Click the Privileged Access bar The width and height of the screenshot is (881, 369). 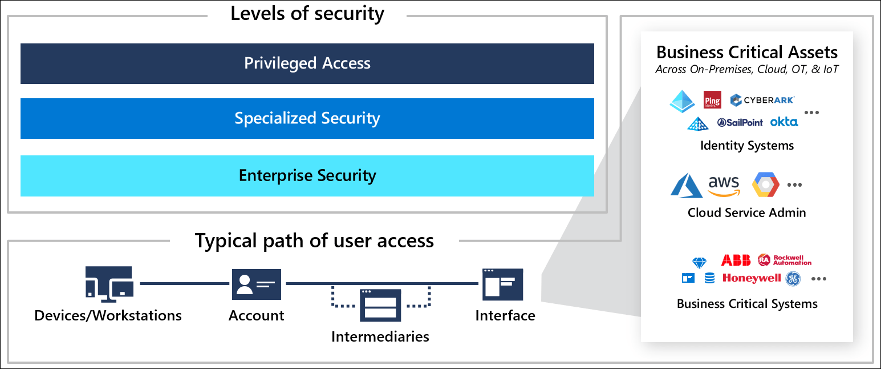tap(307, 63)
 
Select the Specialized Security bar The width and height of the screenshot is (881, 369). tap(307, 118)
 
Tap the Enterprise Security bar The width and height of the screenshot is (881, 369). tap(307, 175)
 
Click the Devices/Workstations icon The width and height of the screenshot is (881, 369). tap(109, 284)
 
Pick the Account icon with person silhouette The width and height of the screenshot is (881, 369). tap(256, 284)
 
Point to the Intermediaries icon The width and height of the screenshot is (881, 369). tap(380, 304)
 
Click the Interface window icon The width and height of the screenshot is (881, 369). tap(502, 284)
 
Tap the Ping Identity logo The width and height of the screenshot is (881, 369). tap(712, 100)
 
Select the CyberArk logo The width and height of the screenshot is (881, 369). tap(762, 100)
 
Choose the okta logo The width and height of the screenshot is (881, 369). tap(784, 122)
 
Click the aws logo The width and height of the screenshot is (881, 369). tap(723, 186)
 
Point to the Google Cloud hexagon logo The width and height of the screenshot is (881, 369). tap(765, 185)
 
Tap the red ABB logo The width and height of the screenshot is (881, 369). tap(736, 260)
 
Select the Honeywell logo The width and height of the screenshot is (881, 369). tap(751, 279)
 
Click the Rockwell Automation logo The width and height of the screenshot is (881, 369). tap(785, 260)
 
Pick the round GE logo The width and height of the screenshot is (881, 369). tap(793, 279)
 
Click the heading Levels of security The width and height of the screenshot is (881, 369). tap(307, 13)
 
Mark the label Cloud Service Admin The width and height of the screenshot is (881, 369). tap(746, 212)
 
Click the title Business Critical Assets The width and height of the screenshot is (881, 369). tap(746, 53)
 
